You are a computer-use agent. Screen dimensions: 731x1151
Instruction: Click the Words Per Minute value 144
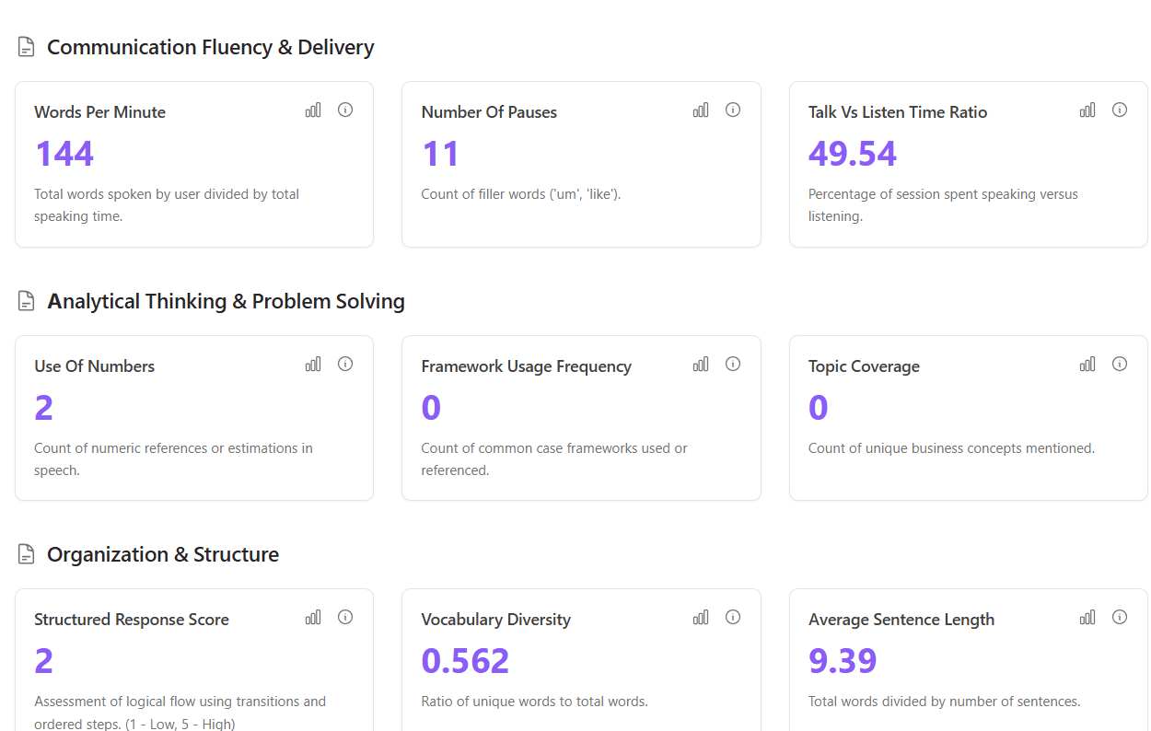click(64, 154)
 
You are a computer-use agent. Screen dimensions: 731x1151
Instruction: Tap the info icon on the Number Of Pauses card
click(733, 110)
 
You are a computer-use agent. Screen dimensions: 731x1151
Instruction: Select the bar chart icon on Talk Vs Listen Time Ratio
click(1087, 110)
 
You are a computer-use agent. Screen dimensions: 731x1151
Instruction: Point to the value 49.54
click(852, 154)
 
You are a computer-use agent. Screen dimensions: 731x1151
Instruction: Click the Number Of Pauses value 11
click(440, 154)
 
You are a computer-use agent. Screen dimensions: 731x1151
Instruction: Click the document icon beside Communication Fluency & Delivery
click(27, 47)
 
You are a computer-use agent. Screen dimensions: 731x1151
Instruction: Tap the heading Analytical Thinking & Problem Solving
click(226, 301)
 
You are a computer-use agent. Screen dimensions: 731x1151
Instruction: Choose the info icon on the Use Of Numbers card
click(345, 364)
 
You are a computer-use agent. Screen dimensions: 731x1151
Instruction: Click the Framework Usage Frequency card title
click(526, 366)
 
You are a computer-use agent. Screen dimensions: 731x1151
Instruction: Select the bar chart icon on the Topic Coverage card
click(1087, 365)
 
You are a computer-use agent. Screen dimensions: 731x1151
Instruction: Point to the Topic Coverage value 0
click(818, 408)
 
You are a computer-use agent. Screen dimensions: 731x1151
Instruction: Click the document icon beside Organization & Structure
click(27, 554)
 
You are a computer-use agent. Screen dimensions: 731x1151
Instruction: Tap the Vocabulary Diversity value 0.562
click(465, 661)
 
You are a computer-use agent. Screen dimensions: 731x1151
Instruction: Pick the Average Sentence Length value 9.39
click(843, 661)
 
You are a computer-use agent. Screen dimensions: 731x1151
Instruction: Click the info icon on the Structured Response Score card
click(345, 617)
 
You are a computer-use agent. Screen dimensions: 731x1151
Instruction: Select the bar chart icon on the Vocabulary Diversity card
click(701, 618)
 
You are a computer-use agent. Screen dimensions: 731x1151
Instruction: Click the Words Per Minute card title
click(99, 112)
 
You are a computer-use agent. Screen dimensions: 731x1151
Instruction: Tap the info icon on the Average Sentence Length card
click(1120, 617)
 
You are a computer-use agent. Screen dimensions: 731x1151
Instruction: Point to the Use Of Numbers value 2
click(43, 408)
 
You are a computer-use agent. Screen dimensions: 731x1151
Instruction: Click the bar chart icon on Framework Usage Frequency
click(701, 365)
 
